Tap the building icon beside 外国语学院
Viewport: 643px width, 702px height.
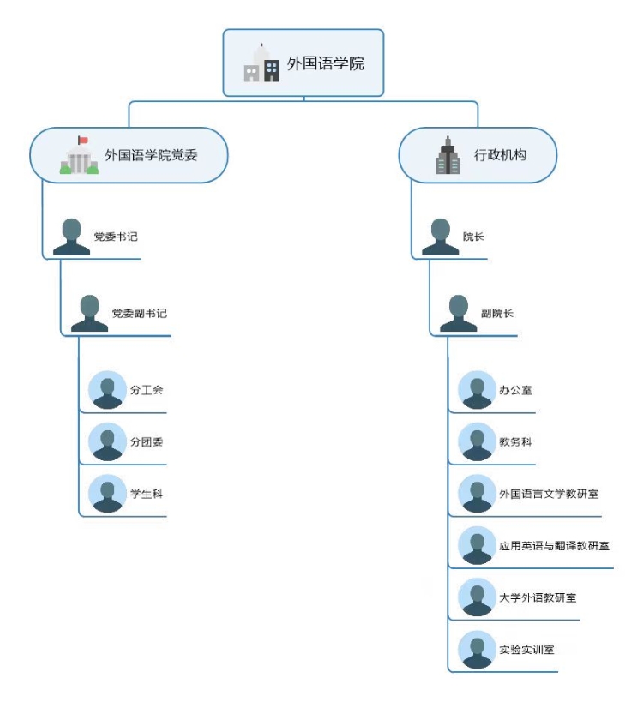coord(261,63)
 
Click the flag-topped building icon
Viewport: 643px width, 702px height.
coord(79,156)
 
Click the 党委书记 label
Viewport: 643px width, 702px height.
coord(115,237)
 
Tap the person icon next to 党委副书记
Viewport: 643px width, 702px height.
coord(89,314)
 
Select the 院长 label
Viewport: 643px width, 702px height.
coord(473,237)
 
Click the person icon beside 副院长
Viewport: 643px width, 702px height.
coord(459,314)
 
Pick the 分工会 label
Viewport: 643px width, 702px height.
coord(147,390)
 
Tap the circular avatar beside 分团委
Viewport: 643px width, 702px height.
coord(107,442)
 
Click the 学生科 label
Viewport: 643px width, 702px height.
coord(147,494)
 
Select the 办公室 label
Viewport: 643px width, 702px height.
coord(515,390)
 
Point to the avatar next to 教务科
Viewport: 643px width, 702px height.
coord(477,442)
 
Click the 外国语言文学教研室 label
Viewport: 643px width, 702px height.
coord(549,494)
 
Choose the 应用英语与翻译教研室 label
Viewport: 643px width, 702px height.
coord(554,546)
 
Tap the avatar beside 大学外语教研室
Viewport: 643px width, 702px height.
coord(477,597)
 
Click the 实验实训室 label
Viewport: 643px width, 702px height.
coord(526,650)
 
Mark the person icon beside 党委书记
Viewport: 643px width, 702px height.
coord(71,237)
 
